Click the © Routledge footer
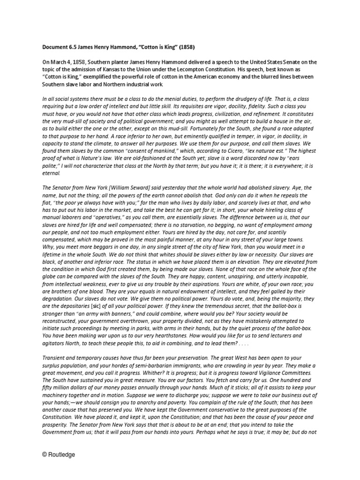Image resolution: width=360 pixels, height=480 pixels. (x=58, y=454)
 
